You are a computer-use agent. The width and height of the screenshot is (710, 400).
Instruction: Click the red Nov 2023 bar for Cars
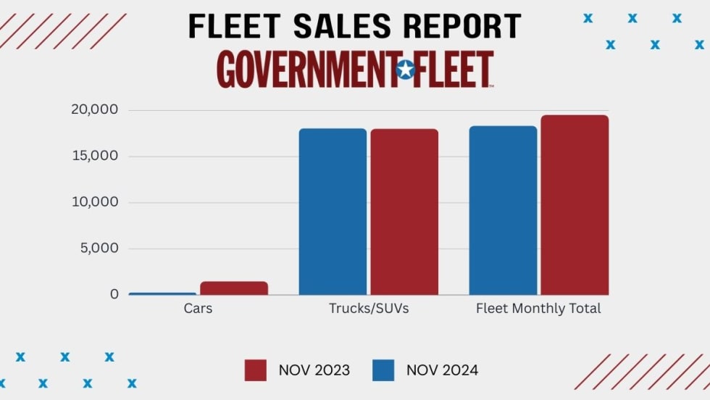point(234,288)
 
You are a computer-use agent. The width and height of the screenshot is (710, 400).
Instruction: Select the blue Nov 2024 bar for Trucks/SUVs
point(333,212)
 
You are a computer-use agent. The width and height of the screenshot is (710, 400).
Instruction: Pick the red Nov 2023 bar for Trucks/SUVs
point(404,212)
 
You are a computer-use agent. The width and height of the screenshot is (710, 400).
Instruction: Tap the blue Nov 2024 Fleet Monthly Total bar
point(503,210)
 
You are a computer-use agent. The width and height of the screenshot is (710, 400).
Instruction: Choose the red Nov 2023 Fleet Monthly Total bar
point(575,205)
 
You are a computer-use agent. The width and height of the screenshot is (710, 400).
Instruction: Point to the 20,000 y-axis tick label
point(94,110)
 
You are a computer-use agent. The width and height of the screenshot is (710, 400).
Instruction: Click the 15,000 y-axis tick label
point(94,156)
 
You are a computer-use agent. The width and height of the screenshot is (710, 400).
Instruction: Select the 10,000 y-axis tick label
point(94,202)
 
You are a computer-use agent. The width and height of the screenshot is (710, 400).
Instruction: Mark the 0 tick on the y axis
point(114,294)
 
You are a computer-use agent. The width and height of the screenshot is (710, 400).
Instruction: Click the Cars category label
point(198,309)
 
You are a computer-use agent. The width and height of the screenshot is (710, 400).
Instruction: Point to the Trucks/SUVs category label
point(369,309)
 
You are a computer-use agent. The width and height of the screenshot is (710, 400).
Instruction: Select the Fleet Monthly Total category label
point(538,309)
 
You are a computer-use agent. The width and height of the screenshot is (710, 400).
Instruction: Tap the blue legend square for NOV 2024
point(384,370)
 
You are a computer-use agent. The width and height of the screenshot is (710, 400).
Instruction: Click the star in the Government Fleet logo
point(406,70)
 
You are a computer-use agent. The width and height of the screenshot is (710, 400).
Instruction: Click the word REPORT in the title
point(461,27)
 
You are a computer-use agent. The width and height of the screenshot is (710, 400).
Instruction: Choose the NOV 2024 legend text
point(442,370)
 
